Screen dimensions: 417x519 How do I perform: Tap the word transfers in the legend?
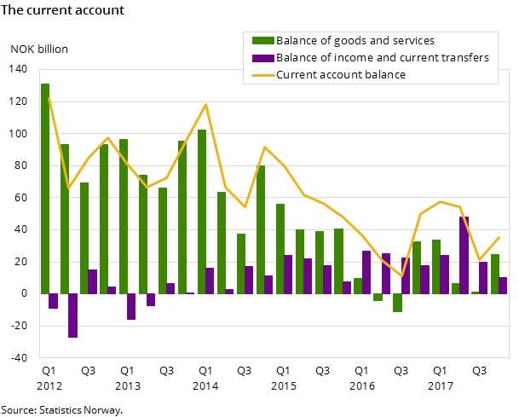462,58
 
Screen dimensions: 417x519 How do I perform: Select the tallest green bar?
45,188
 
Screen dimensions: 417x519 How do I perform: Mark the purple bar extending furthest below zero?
72,316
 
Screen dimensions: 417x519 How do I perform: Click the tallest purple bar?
464,255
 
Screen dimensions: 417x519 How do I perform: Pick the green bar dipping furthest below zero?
397,303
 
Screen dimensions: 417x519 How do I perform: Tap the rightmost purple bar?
503,285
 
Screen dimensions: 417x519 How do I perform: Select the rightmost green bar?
495,274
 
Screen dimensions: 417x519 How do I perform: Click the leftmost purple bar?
53,301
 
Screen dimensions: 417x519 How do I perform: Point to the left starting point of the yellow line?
49,97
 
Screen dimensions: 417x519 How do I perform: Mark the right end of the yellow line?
499,237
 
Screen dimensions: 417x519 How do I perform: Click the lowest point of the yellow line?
402,276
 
